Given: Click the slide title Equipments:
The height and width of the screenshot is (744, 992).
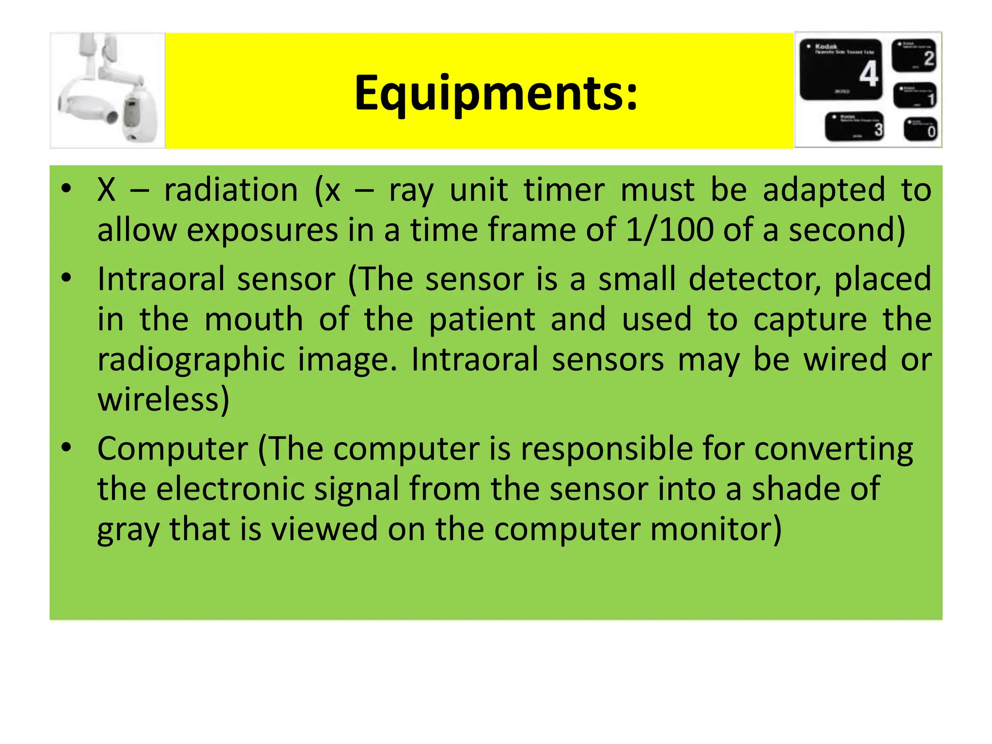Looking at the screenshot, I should click(x=496, y=93).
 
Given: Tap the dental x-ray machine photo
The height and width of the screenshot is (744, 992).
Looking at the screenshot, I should click(x=108, y=90).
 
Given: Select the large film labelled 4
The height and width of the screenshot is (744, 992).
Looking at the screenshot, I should click(x=841, y=70).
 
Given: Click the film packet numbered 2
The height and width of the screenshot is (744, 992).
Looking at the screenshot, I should click(x=914, y=55).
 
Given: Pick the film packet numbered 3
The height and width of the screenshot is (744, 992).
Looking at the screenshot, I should click(x=855, y=126).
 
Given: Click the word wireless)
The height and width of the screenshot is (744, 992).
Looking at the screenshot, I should click(x=163, y=400).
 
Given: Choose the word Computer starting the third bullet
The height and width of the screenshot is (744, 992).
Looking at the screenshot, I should click(x=172, y=449).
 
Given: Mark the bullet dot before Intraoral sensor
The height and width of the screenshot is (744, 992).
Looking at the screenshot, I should click(x=66, y=278).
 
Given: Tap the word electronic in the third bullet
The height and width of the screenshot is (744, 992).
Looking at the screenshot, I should click(x=231, y=488).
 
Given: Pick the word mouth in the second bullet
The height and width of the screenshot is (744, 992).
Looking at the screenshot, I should click(x=254, y=320).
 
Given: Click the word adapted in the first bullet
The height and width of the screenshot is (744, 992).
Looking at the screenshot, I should click(x=824, y=189).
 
